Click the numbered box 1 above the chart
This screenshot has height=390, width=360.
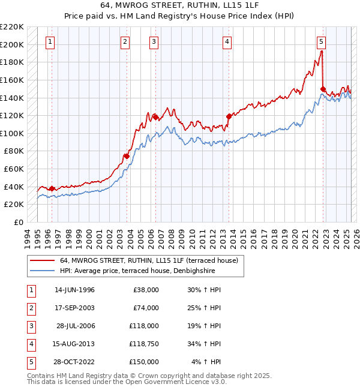50,41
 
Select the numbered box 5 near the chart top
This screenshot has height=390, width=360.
322,41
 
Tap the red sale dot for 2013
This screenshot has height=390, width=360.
229,116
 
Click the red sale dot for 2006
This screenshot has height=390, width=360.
155,117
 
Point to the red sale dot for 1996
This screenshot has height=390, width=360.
52,188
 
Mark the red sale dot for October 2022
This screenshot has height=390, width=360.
323,89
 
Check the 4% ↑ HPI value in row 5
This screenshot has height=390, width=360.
206,361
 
